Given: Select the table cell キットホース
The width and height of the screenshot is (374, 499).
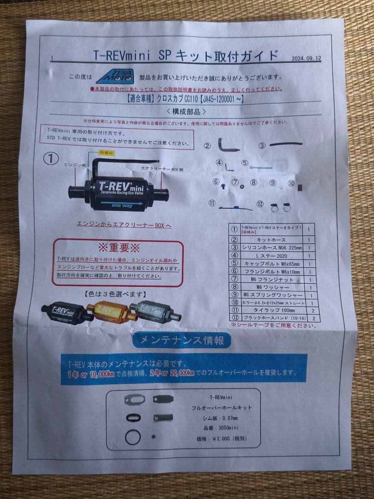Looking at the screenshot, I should pos(271,239).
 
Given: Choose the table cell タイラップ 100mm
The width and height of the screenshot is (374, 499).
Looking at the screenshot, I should pos(272,310).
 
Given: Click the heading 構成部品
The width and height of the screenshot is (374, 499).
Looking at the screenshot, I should pos(187,112).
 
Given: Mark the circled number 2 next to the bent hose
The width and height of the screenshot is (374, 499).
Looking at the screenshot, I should pos(207,146).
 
